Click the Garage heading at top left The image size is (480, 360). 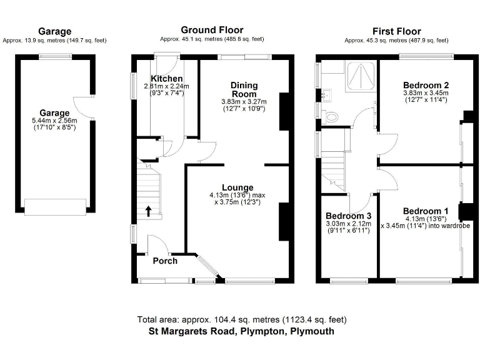pyautogui.click(x=54, y=31)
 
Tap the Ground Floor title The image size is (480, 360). pyautogui.click(x=212, y=29)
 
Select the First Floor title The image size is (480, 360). pyautogui.click(x=396, y=31)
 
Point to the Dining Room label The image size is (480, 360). pyautogui.click(x=244, y=89)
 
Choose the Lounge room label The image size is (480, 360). pyautogui.click(x=237, y=187)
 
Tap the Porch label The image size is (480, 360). pyautogui.click(x=165, y=261)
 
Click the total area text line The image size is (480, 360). pyautogui.click(x=241, y=319)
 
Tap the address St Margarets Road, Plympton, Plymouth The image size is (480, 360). pyautogui.click(x=241, y=332)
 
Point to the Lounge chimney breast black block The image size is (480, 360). pyautogui.click(x=283, y=222)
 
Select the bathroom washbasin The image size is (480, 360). pyautogui.click(x=326, y=95)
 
